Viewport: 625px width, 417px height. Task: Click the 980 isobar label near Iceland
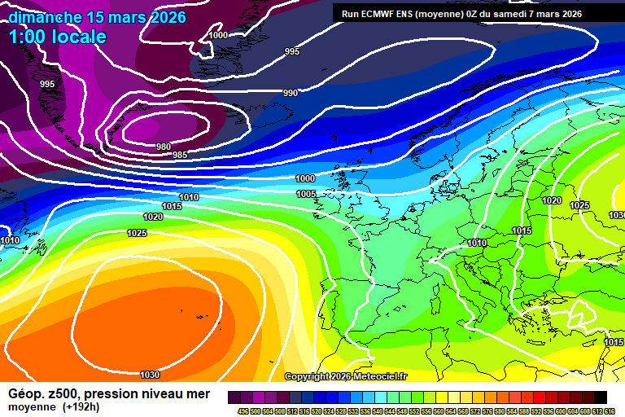pyautogui.click(x=164, y=147)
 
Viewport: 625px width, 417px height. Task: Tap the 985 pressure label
pyautogui.click(x=180, y=155)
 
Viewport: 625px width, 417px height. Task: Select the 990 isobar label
pyautogui.click(x=291, y=93)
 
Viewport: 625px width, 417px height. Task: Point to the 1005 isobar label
pyautogui.click(x=306, y=194)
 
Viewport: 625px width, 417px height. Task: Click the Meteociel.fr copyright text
pyautogui.click(x=346, y=376)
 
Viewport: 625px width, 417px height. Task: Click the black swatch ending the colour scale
pyautogui.click(x=600, y=397)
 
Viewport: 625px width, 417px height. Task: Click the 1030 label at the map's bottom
pyautogui.click(x=150, y=375)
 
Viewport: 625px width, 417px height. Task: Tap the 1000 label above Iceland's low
pyautogui.click(x=218, y=35)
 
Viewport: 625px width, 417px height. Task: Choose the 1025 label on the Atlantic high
pyautogui.click(x=137, y=234)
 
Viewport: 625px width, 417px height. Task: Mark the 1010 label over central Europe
pyautogui.click(x=477, y=243)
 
